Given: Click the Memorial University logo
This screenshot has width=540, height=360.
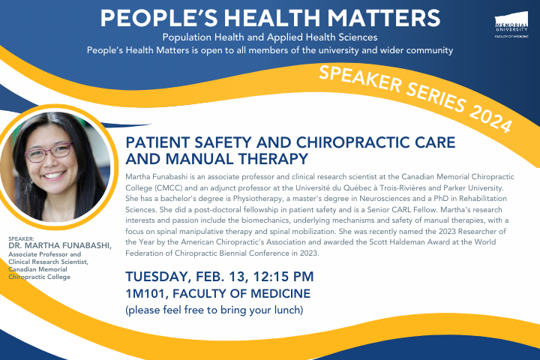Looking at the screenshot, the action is pyautogui.click(x=511, y=25).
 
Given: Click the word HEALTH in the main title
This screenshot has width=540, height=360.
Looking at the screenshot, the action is pyautogui.click(x=272, y=18).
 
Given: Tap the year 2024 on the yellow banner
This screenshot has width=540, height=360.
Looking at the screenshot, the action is pyautogui.click(x=491, y=118).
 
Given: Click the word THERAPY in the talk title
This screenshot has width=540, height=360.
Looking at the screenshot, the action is pyautogui.click(x=273, y=159).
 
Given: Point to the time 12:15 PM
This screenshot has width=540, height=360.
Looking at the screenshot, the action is pyautogui.click(x=283, y=276).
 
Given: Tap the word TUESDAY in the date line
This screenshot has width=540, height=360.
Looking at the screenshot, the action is pyautogui.click(x=157, y=277).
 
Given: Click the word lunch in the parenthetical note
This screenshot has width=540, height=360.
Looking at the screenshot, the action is pyautogui.click(x=287, y=310).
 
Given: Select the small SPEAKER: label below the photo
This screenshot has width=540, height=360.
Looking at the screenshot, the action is pyautogui.click(x=21, y=238).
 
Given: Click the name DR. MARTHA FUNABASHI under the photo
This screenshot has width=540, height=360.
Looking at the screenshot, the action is pyautogui.click(x=60, y=246).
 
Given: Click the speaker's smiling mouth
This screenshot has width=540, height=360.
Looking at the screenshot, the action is pyautogui.click(x=53, y=175).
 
